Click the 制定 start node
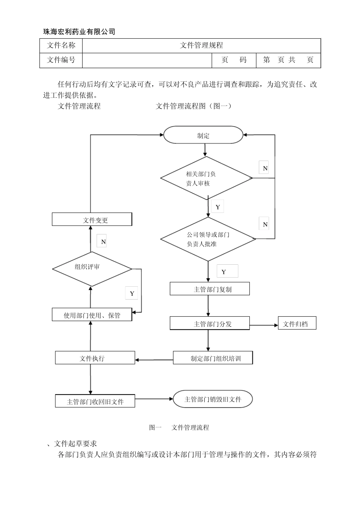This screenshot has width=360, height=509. pos(203,135)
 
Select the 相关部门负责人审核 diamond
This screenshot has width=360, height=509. pos(207,178)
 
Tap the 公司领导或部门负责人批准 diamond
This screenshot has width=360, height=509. pos(208,239)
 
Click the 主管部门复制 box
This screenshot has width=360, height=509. pos(210,289)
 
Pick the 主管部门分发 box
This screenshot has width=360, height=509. pos(210,323)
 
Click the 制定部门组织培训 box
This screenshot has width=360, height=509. pos(213,358)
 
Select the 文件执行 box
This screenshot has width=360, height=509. pos(95,358)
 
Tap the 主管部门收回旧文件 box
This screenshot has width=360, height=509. pos(95,401)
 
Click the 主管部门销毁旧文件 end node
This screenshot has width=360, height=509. pos(213,399)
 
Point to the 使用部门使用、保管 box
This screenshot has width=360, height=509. pos(92,315)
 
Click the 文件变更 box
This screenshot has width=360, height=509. pos(92,220)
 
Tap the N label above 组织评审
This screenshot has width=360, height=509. pos(102,241)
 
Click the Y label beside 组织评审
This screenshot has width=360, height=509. pos(131,293)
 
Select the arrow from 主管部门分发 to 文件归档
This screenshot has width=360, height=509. pos(264,325)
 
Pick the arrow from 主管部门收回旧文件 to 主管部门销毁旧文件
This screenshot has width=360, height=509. pos(154,399)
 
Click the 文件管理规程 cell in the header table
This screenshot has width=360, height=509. pos(201,45)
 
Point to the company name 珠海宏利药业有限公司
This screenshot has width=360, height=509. pos(79,32)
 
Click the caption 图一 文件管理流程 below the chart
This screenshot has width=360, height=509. pos(179,427)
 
